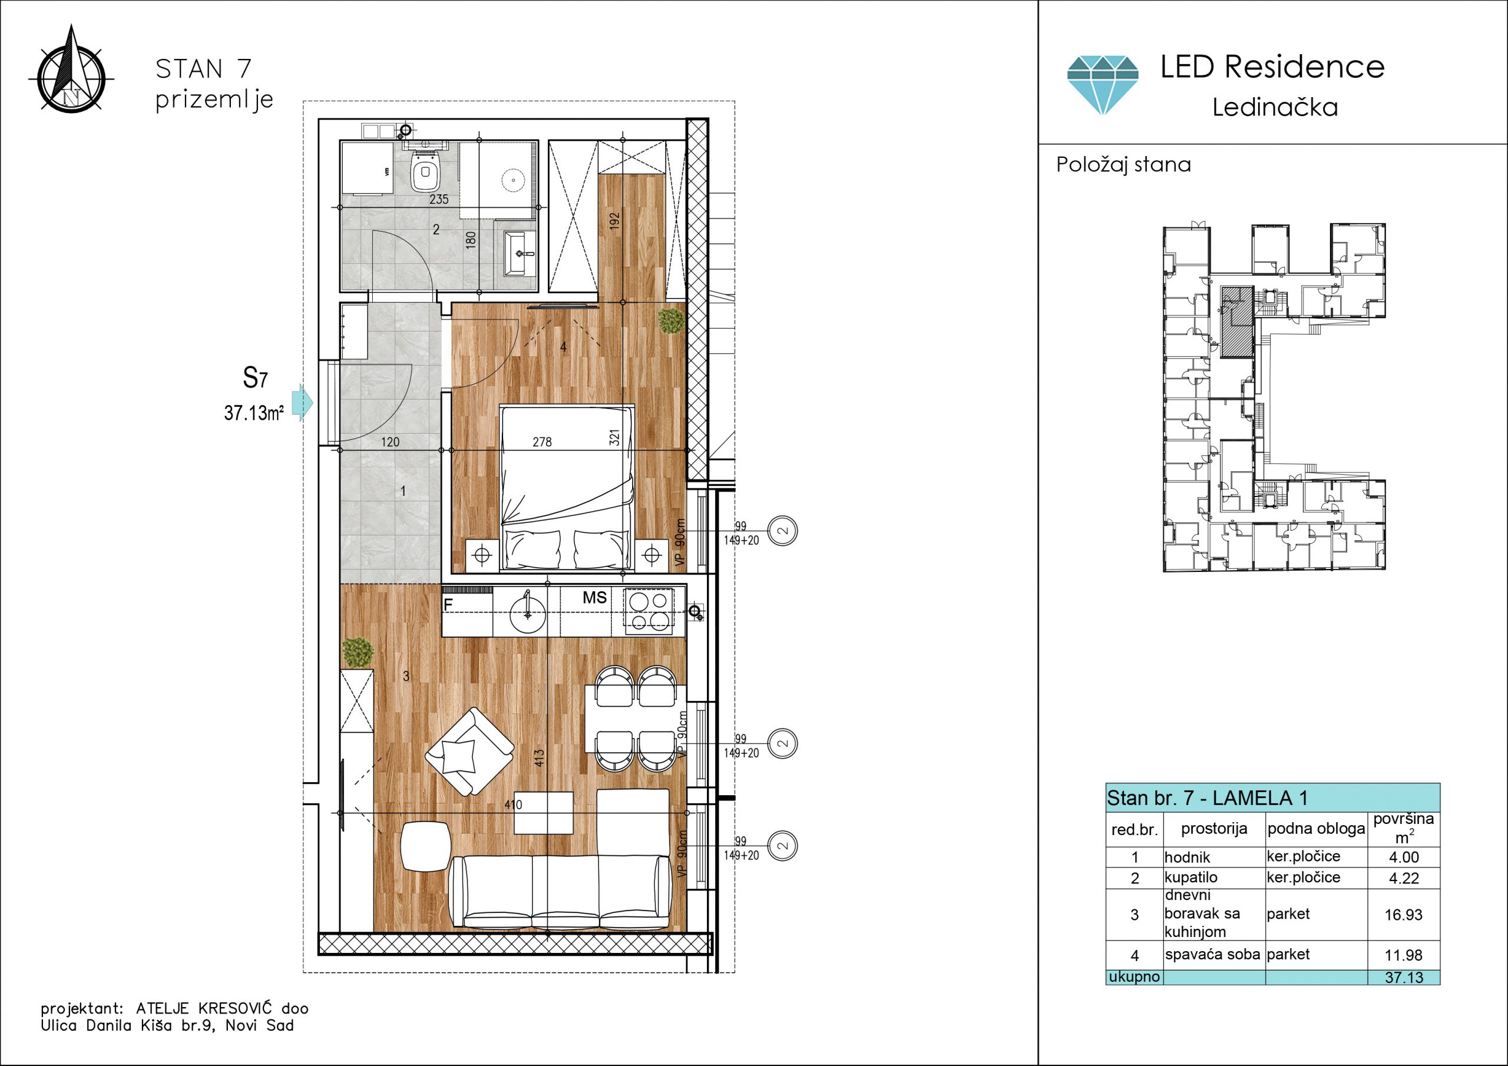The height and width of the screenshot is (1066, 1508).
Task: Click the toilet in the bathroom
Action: [425, 172]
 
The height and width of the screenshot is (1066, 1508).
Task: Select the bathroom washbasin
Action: [520, 253]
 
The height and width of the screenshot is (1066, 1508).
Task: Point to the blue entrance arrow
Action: [302, 402]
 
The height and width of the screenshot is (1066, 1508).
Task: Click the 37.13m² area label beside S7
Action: [254, 413]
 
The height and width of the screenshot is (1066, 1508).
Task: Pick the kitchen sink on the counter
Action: [527, 611]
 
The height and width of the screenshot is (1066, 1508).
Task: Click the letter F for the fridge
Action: [448, 604]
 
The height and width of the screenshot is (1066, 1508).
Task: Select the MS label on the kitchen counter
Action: [594, 598]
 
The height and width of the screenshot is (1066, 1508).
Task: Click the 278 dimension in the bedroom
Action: [542, 442]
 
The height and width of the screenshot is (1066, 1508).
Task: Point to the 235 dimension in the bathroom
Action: [439, 199]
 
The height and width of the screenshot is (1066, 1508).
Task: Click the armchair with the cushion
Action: [469, 752]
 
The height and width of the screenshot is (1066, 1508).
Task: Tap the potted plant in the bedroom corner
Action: [670, 320]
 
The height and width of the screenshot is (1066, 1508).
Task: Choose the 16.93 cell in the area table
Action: [1404, 915]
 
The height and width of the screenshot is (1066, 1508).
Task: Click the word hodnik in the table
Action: [1187, 857]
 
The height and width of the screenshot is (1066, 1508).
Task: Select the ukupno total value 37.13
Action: [1404, 977]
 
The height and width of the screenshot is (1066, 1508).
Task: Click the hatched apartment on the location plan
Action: [1238, 322]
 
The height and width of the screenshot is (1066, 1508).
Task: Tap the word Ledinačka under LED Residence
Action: [1275, 107]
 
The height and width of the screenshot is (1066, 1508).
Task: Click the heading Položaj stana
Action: [1123, 164]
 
